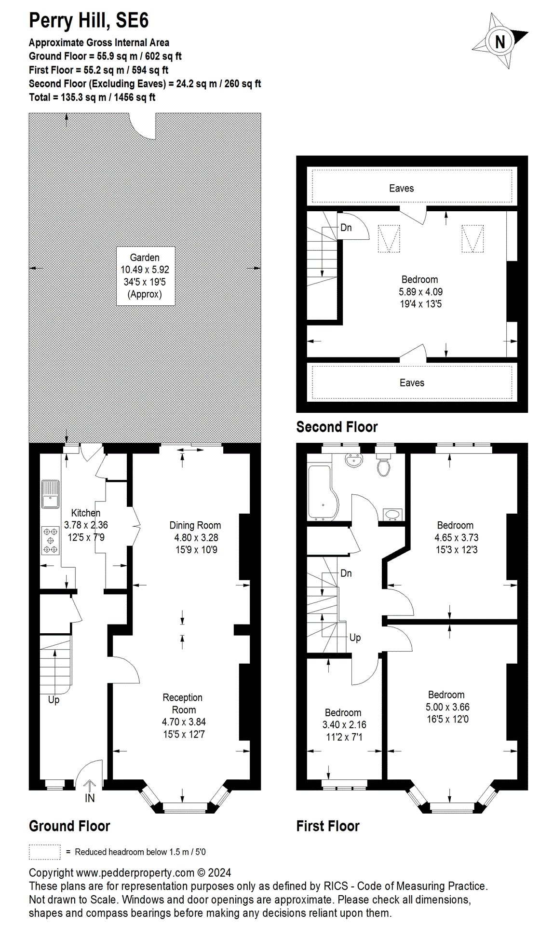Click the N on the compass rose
tap(500, 41)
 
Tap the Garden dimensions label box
tap(145, 276)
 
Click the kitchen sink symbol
tap(50, 494)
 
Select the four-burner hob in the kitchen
tap(50, 540)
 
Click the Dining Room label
tap(195, 525)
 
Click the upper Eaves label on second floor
tap(401, 189)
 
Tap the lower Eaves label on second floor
tap(412, 383)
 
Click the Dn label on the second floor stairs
tap(346, 228)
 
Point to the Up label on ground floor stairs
tap(54, 700)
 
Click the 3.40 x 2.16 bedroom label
tap(344, 724)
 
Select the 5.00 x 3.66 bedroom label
tap(447, 707)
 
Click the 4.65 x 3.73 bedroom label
tap(456, 537)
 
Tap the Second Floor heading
tap(337, 427)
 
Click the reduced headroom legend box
tap(44, 852)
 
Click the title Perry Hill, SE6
tap(89, 21)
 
